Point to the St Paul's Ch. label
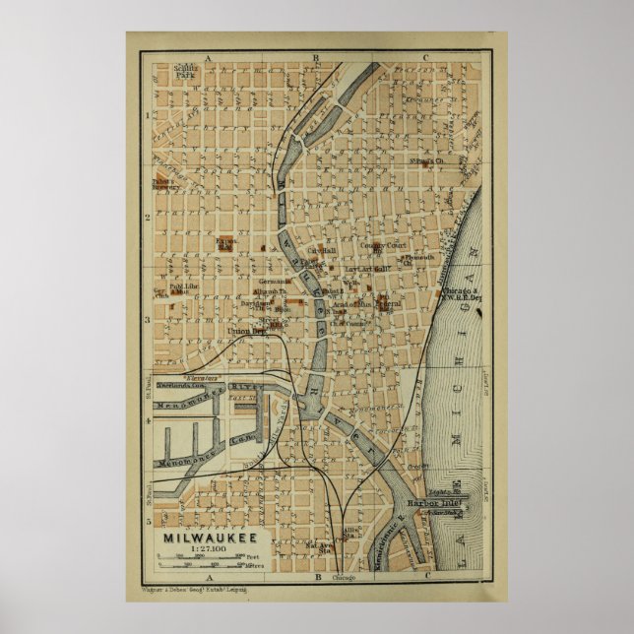(427, 161)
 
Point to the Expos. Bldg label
(225, 243)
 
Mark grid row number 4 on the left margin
(148, 421)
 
